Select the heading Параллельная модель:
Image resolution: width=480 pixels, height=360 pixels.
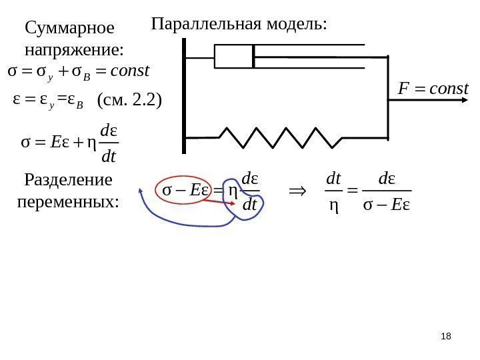(239, 25)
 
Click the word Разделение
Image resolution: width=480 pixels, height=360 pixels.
(68, 180)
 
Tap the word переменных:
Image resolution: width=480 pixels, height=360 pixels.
(67, 201)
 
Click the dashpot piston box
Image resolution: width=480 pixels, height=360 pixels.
(233, 56)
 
